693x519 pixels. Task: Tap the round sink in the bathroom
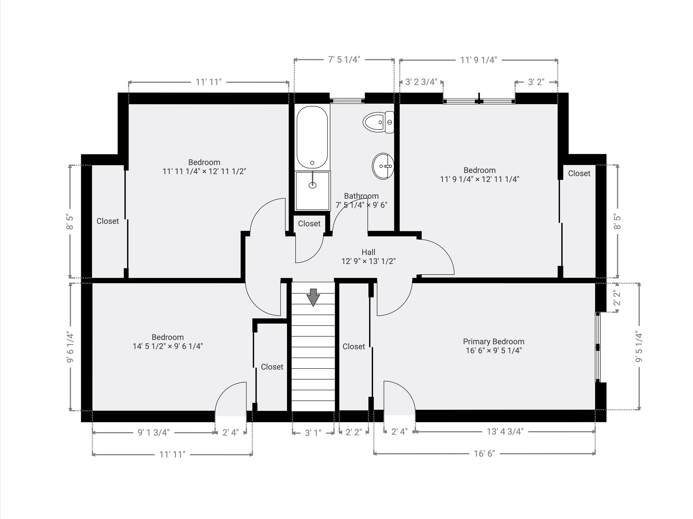[383, 166]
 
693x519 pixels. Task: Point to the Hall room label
[368, 252]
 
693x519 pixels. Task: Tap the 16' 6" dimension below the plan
[484, 454]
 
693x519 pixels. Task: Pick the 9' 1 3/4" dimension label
[154, 433]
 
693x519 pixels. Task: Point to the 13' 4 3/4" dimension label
[505, 432]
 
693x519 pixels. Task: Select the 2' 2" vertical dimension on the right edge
[617, 298]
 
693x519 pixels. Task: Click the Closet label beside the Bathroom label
[309, 224]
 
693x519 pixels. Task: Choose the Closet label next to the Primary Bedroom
[354, 347]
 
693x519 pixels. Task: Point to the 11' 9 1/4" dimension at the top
[478, 60]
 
